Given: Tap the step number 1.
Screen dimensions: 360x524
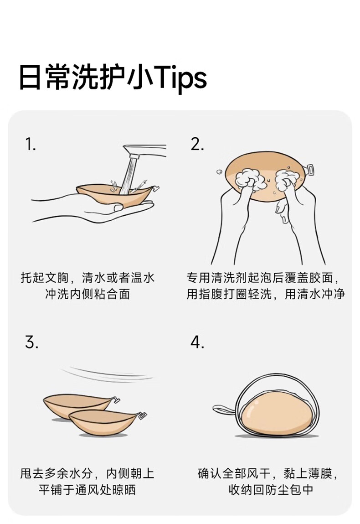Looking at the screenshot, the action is pos(31,145).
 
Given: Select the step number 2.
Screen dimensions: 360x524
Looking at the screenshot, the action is pos(197,145).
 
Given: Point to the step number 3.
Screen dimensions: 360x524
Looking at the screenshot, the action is pos(31,342).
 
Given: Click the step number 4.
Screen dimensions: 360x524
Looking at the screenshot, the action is pos(197,342).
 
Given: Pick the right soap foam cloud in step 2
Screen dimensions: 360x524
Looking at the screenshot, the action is pos(287,179).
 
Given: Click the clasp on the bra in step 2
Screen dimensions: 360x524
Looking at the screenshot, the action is pos(309,169).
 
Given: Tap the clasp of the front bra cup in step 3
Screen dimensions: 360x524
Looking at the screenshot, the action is pos(142,415).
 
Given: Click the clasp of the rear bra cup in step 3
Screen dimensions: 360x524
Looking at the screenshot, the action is pos(116,399).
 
